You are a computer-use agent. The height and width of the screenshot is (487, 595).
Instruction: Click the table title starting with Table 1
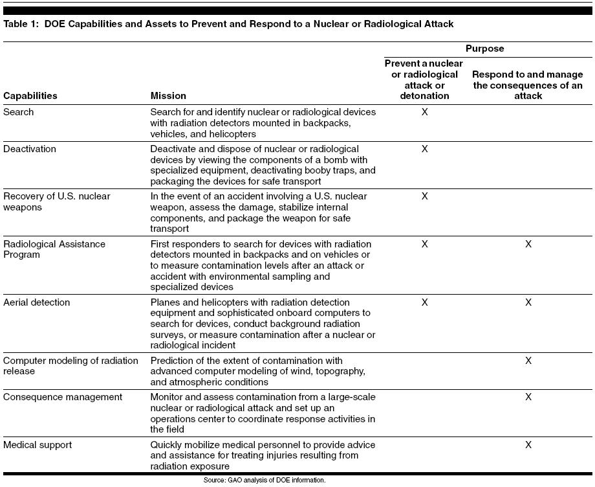[228, 24]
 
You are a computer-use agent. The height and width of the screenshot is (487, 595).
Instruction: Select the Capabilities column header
[30, 96]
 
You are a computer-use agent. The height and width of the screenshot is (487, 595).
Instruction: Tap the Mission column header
[168, 96]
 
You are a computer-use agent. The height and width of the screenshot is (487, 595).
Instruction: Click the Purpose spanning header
[484, 49]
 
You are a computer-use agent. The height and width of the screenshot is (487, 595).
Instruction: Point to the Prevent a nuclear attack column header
[424, 80]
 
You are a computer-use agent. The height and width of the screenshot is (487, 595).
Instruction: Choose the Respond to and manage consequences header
[528, 85]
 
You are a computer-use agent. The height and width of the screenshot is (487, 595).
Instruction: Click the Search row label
[19, 112]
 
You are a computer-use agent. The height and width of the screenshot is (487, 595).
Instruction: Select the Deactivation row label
[30, 149]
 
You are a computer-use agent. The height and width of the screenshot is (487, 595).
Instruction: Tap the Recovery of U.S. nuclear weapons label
[57, 201]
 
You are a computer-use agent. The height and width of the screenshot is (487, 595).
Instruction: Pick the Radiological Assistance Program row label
[54, 249]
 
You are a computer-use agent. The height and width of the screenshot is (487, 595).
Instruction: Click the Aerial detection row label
[37, 302]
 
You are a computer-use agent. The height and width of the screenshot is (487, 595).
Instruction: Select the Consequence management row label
[63, 396]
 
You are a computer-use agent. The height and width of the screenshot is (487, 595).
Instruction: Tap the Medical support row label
[38, 445]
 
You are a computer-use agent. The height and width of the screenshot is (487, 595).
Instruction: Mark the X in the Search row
[424, 112]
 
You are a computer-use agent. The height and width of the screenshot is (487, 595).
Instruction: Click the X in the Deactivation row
[424, 149]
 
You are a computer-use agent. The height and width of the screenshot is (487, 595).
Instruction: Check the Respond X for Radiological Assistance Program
[528, 244]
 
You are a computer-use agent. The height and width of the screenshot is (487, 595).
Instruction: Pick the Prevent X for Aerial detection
[424, 302]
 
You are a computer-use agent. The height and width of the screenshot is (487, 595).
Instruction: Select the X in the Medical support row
[528, 445]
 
